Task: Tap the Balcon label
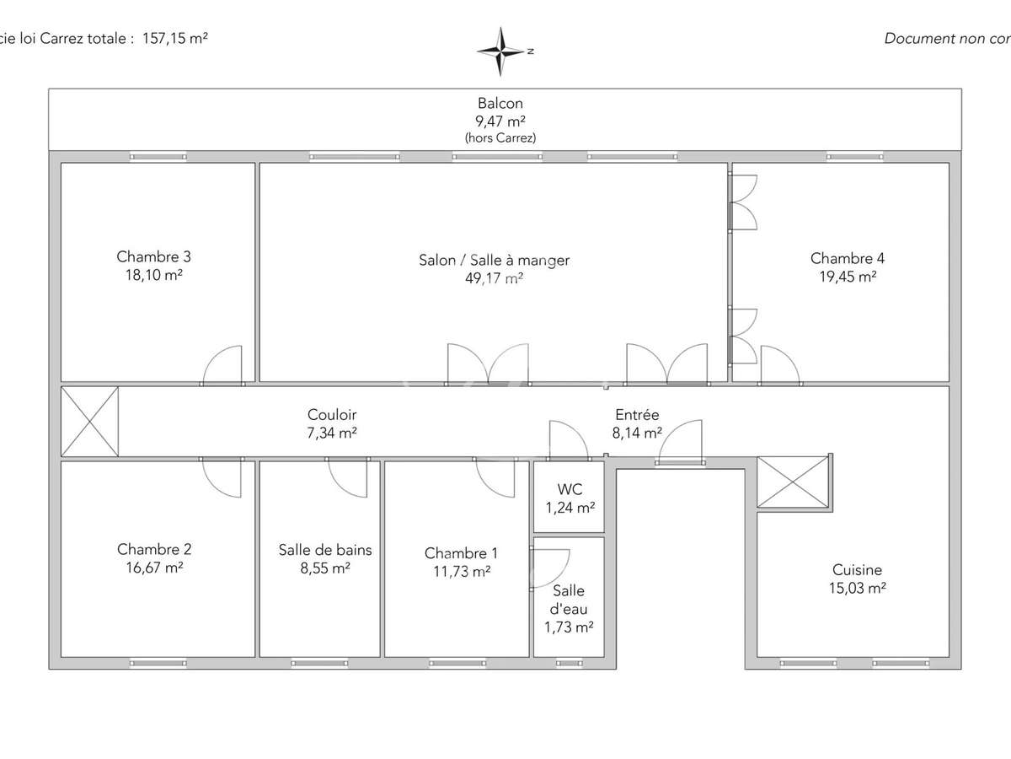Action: pyautogui.click(x=500, y=104)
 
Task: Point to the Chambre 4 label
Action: pyautogui.click(x=847, y=258)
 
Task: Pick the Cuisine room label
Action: pyautogui.click(x=857, y=570)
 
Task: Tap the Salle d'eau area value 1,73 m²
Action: pyautogui.click(x=568, y=627)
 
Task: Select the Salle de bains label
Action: pyautogui.click(x=325, y=550)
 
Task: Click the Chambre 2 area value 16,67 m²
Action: pyautogui.click(x=153, y=568)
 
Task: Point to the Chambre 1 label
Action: pyautogui.click(x=461, y=553)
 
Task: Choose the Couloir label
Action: pyautogui.click(x=332, y=415)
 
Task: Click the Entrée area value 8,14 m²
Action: pyautogui.click(x=637, y=433)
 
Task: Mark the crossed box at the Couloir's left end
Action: pyautogui.click(x=89, y=422)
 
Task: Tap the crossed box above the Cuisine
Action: pyautogui.click(x=793, y=482)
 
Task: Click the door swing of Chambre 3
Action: pyautogui.click(x=223, y=366)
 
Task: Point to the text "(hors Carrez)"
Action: pyautogui.click(x=500, y=137)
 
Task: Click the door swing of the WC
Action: pyautogui.click(x=567, y=439)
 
